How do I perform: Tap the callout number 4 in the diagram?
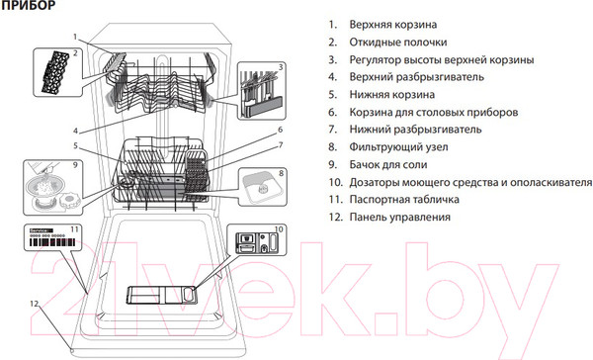click(x=75, y=130)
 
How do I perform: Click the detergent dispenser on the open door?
click(x=163, y=296)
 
